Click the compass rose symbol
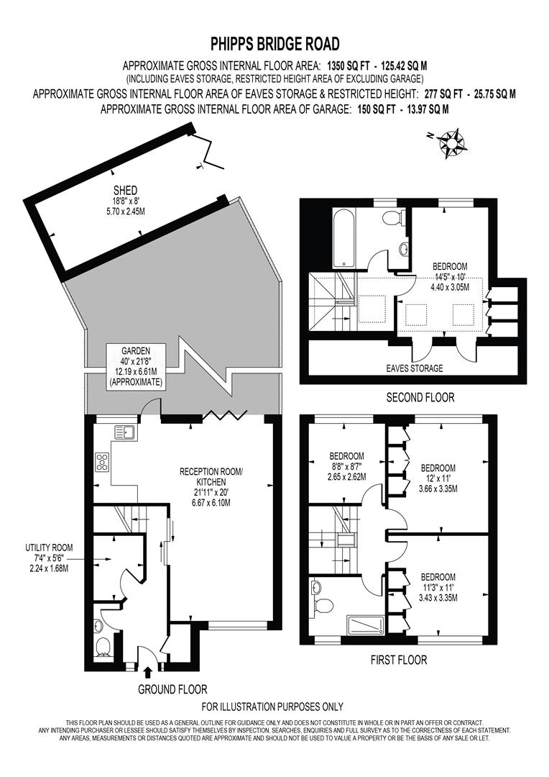tap(453, 141)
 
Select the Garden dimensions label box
tap(137, 367)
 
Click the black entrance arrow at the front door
tap(148, 672)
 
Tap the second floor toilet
tap(392, 219)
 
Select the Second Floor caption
tap(420, 398)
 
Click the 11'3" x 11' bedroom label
tap(438, 587)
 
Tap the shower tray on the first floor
tap(366, 625)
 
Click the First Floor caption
tap(398, 659)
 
